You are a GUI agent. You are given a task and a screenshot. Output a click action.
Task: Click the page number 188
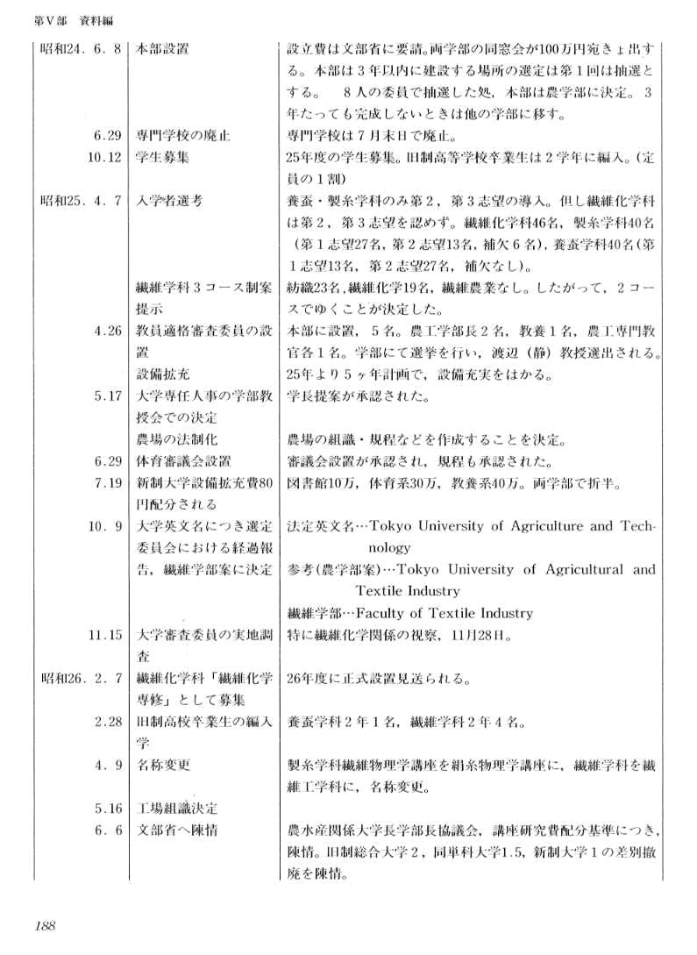46,923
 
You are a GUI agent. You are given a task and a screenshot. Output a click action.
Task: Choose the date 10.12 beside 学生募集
104,157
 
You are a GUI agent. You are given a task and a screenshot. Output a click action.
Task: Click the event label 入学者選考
170,200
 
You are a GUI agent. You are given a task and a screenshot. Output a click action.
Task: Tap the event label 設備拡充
163,375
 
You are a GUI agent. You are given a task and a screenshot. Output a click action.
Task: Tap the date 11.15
104,634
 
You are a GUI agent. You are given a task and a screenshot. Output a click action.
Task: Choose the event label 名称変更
163,764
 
